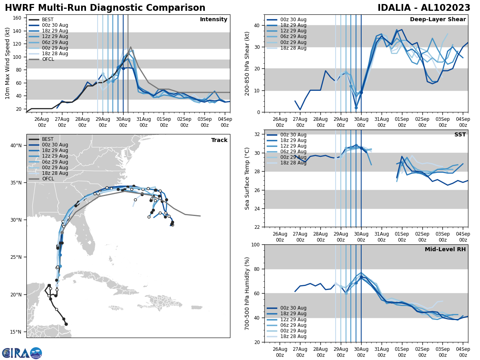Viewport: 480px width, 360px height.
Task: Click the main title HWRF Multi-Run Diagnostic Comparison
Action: coord(105,8)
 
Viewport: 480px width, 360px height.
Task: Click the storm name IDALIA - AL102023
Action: coord(424,8)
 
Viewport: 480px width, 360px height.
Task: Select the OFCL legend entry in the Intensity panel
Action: coord(48,59)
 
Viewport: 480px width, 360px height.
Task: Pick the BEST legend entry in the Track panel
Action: coord(48,139)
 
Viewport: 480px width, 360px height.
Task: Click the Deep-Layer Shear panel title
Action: coord(438,20)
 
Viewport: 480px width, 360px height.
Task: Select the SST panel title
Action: coord(460,135)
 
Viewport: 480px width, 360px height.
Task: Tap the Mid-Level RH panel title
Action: coord(445,250)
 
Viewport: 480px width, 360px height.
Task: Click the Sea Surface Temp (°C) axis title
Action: coord(247,178)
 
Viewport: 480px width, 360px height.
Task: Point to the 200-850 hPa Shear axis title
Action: coord(247,63)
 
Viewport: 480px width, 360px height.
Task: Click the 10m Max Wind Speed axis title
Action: coord(8,63)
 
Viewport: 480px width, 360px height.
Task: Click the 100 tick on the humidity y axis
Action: coord(255,244)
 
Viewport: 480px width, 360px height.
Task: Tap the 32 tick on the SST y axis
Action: coord(257,134)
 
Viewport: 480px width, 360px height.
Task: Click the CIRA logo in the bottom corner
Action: coord(22,353)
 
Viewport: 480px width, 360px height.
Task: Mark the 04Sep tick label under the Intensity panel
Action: coord(225,122)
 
